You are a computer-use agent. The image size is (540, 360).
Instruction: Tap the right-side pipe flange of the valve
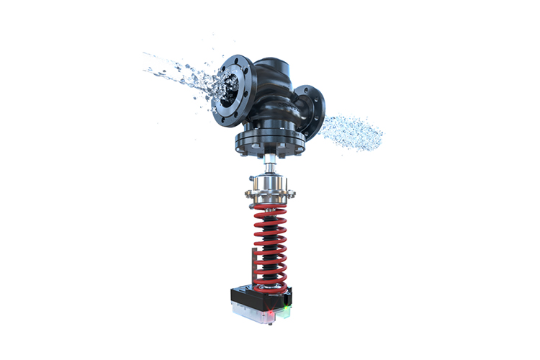[x=311, y=112]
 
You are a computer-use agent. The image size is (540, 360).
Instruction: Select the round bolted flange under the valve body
[x=270, y=143]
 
